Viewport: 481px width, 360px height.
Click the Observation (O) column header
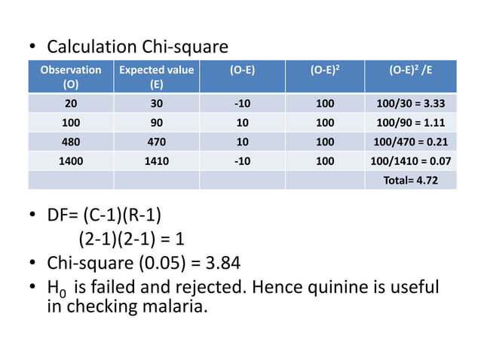(x=71, y=77)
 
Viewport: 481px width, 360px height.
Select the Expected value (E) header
(x=156, y=77)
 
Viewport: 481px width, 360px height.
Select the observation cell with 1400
(x=71, y=160)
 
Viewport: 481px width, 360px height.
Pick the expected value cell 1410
(x=156, y=160)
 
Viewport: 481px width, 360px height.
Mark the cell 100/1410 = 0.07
(x=411, y=160)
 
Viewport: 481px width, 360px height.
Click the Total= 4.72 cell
(x=411, y=180)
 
